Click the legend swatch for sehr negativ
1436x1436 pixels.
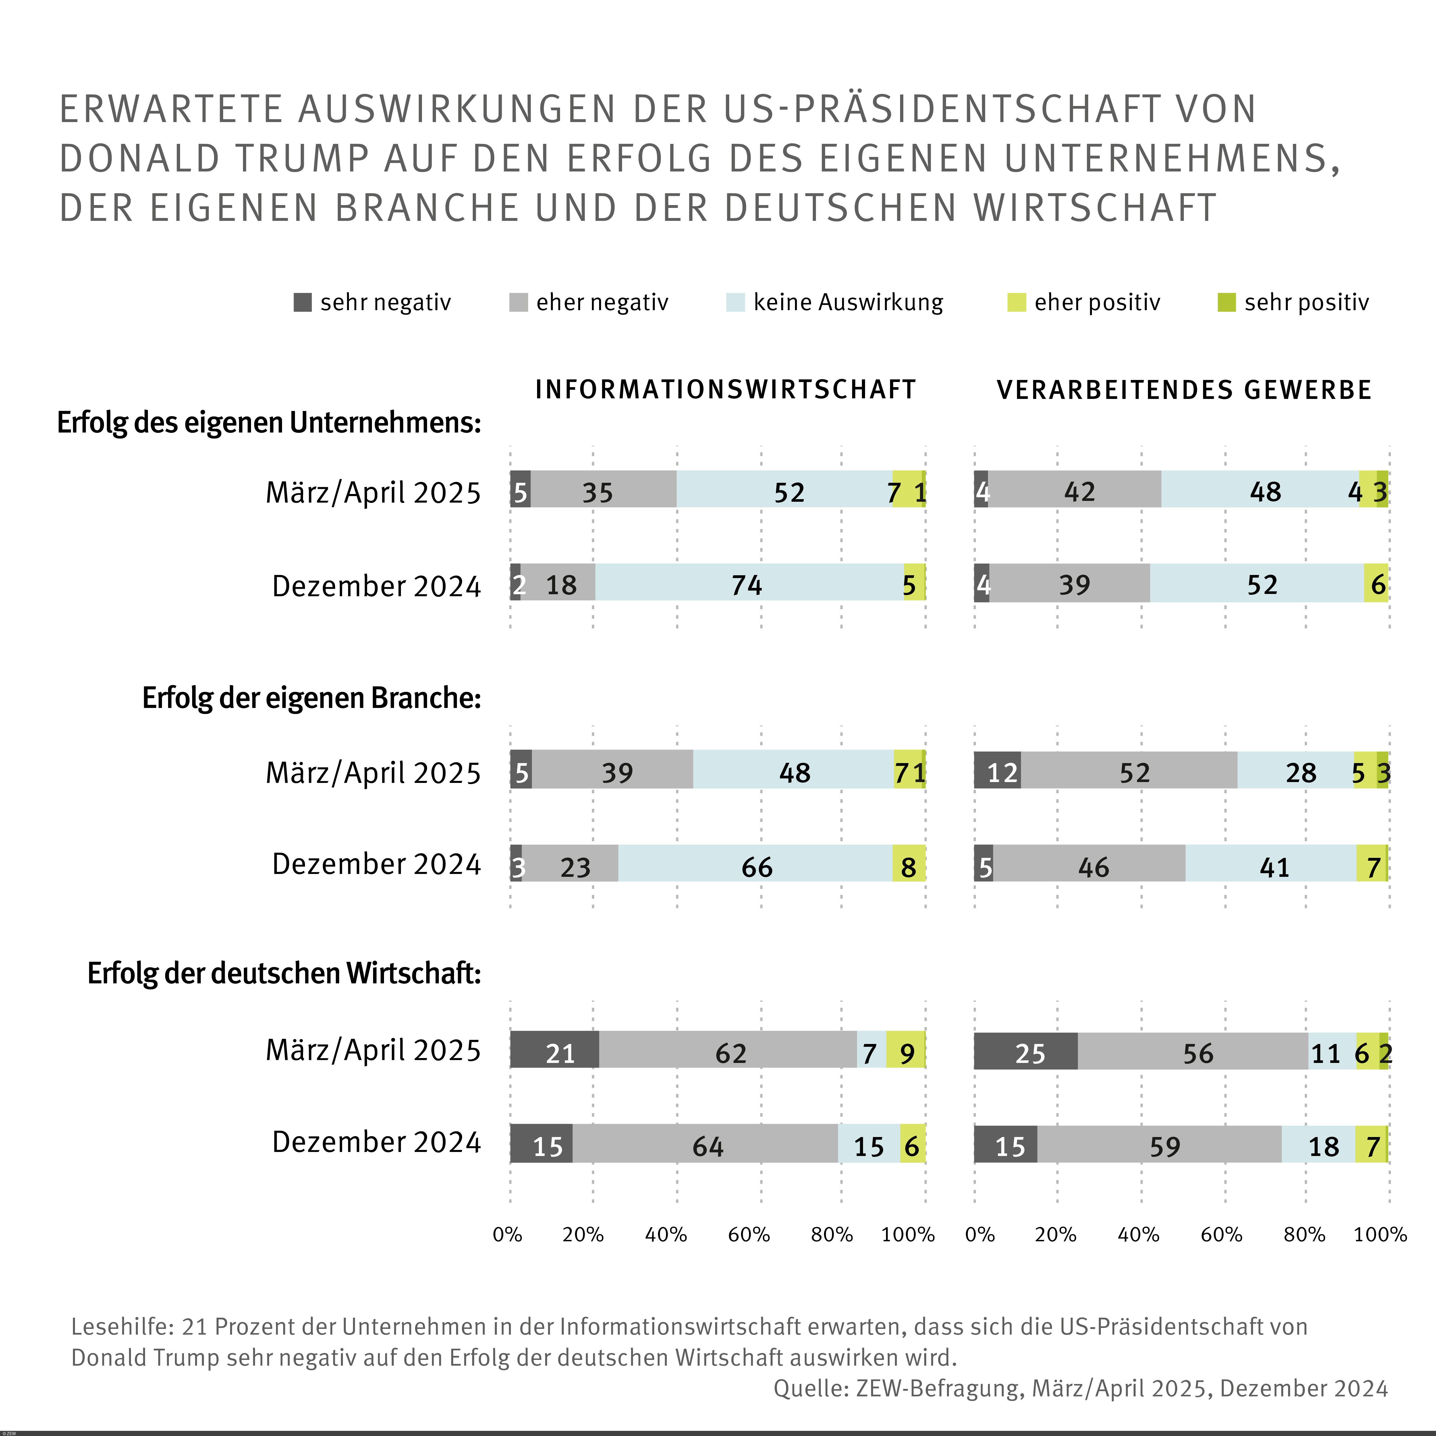(x=302, y=302)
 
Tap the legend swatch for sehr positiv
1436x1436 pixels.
(x=1226, y=302)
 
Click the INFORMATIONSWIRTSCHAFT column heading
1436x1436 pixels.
(x=725, y=389)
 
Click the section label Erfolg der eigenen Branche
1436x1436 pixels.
(x=311, y=698)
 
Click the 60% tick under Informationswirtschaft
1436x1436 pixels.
(x=748, y=1235)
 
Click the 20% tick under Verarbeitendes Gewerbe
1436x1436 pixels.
(x=1055, y=1235)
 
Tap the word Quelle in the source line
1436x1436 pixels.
(x=810, y=1388)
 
